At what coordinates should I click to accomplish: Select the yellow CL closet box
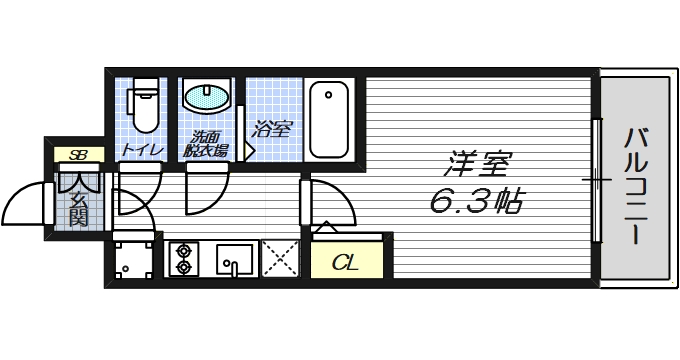[345, 264]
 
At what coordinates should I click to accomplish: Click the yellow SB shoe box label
[77, 155]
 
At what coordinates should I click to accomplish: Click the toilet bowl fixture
[145, 106]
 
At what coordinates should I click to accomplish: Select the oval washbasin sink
[206, 98]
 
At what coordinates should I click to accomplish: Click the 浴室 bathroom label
[271, 128]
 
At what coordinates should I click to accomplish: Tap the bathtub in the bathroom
[328, 118]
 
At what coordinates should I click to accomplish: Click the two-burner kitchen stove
[183, 258]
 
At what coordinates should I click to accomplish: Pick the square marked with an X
[280, 258]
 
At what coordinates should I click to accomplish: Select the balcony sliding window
[597, 181]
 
